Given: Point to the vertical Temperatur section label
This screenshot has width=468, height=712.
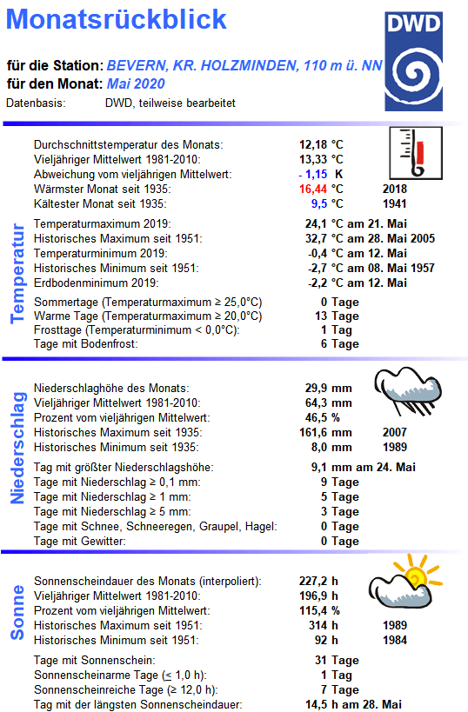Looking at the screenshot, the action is pyautogui.click(x=17, y=273).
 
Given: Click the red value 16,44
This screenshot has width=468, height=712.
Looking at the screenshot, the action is pyautogui.click(x=314, y=188).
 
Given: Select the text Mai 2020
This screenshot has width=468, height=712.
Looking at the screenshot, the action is pyautogui.click(x=136, y=83).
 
